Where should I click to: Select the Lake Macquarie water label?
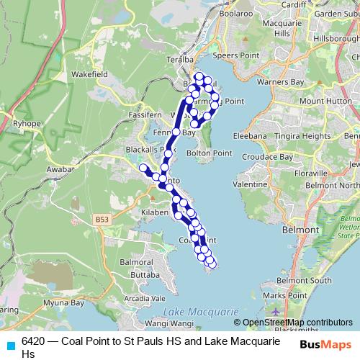[201, 312]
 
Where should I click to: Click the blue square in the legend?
[10, 344]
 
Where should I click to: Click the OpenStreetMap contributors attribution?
[297, 323]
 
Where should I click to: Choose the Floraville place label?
[311, 174]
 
